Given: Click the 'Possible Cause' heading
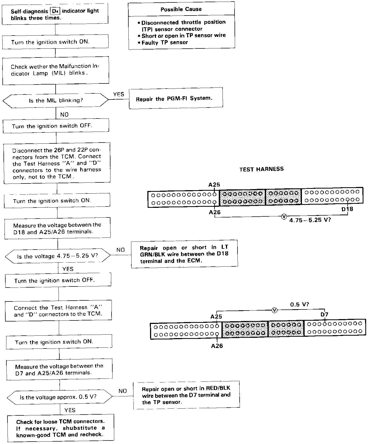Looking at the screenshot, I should coord(181,9).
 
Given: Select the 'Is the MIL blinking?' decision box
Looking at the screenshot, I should coord(56,101).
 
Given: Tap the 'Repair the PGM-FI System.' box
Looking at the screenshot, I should coord(176,98).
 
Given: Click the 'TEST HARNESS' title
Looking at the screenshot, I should coord(261,169).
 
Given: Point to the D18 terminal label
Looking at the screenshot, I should coord(347,209).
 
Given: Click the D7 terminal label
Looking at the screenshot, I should coord(324,315).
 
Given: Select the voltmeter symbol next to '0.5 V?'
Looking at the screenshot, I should coord(274,310).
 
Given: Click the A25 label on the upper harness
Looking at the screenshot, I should coord(214,185).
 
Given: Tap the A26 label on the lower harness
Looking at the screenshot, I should coord(217,346).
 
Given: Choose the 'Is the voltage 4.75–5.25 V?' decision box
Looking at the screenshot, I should coord(57,256).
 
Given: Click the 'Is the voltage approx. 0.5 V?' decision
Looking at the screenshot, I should coord(60,397).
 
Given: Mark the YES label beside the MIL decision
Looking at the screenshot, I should coord(119,94).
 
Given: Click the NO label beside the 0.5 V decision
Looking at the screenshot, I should coord(122,391).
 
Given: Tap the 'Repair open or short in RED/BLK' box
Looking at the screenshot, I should coord(186,395).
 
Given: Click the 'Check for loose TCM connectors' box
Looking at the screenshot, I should coord(60,428).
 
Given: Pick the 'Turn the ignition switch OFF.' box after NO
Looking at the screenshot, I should coord(56,126).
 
